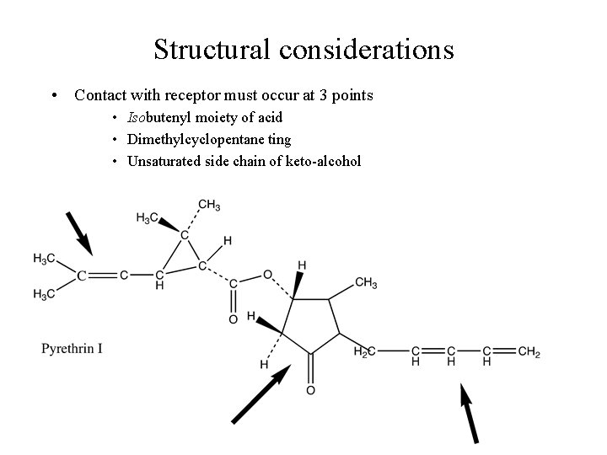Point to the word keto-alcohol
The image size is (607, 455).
pos(326,160)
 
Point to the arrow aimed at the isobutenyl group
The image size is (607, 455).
pos(79,231)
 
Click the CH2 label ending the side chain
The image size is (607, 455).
pos(529,351)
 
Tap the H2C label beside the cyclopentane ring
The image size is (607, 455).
pos(364,351)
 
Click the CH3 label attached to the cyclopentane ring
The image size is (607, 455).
pos(366,282)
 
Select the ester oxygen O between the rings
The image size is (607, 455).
pos(267,274)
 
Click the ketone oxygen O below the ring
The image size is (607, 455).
pos(310,390)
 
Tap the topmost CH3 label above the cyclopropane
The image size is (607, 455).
pos(209,205)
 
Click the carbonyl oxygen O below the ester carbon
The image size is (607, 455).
pos(232,319)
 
